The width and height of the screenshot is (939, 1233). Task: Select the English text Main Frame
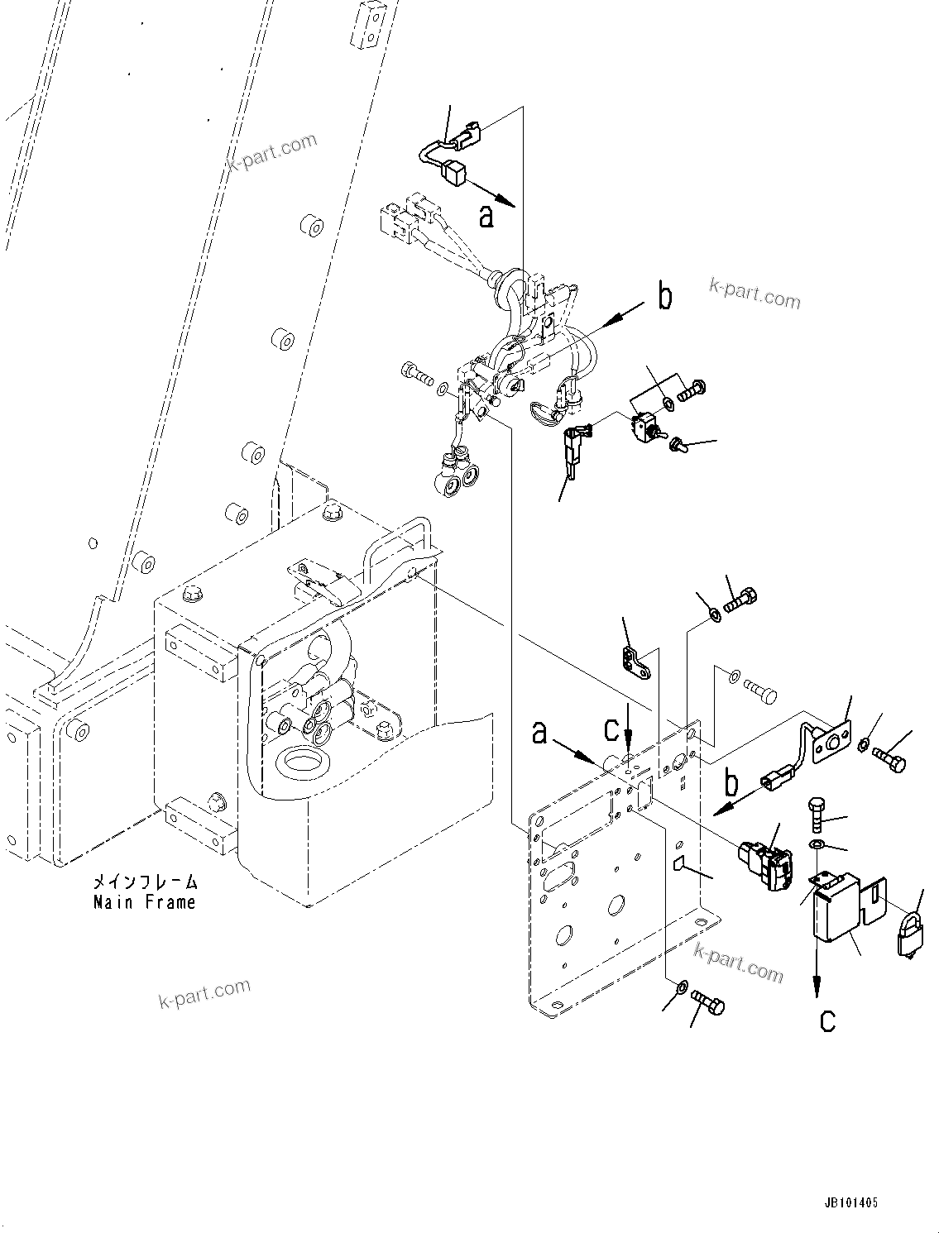[145, 901]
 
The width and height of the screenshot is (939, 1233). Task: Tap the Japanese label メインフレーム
[146, 882]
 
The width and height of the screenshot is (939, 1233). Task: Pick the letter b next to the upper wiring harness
[664, 296]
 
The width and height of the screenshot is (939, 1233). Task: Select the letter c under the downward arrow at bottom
[827, 1020]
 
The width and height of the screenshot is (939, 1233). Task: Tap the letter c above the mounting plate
[611, 729]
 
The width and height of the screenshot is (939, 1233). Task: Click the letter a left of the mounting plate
[540, 732]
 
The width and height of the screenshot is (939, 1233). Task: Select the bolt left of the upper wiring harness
[415, 374]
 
